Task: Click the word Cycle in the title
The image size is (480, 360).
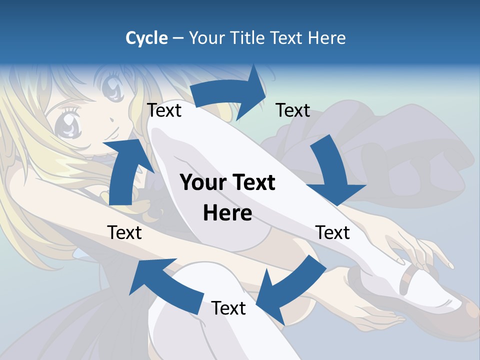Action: click(146, 37)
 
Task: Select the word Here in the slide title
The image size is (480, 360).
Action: click(327, 37)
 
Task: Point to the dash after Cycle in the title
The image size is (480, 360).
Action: click(178, 38)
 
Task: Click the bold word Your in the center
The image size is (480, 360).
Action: click(200, 182)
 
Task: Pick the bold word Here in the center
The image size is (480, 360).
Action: click(227, 213)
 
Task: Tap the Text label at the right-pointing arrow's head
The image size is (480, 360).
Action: click(293, 110)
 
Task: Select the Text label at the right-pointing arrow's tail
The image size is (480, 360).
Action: click(164, 110)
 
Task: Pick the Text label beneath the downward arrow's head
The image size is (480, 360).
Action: click(332, 232)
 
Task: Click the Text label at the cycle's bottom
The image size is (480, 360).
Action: click(228, 308)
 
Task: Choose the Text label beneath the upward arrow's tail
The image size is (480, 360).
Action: click(124, 232)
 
